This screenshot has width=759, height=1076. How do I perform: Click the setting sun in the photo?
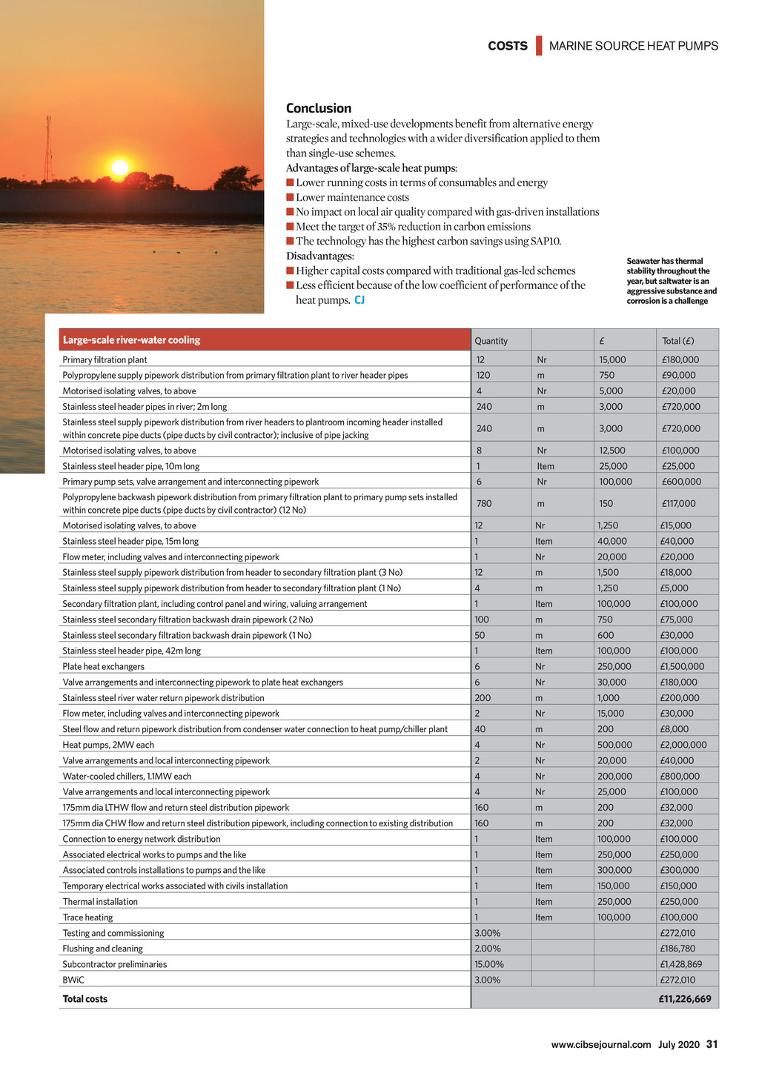coord(119,167)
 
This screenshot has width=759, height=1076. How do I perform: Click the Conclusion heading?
coord(319,108)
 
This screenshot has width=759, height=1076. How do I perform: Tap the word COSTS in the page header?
coord(508,46)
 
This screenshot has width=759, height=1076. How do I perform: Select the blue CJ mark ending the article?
coord(359,300)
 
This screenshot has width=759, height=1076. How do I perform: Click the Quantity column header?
coord(491,341)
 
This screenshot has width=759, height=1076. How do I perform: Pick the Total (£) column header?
coord(677,341)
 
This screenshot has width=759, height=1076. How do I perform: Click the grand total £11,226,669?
coord(684,999)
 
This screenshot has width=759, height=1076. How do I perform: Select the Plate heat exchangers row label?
coord(104,667)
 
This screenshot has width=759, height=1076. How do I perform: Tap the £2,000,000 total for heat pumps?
coord(683,745)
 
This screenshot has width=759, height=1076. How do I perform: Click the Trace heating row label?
coord(87,917)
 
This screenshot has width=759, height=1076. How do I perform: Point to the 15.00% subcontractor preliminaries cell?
coord(489,964)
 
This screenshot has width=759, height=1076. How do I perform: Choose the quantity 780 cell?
coord(483,503)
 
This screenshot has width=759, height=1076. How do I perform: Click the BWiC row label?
coord(73,980)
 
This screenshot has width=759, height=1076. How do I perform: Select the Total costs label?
coord(85,999)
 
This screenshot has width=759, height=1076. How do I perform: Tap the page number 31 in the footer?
coord(712,1044)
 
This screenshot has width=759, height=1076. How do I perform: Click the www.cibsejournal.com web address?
coord(600,1045)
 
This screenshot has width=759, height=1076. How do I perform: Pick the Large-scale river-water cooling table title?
coord(132,340)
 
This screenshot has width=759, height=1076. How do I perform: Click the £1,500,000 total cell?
coord(682,667)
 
